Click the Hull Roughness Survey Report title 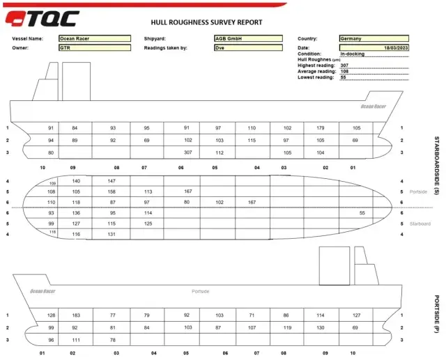pos(206,22)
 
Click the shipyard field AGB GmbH pos(248,39)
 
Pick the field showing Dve pos(248,48)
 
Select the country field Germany pos(373,39)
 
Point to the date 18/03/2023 pos(373,47)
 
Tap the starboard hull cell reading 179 pos(321,128)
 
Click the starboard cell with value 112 pos(218,152)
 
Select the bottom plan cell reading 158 pos(111,191)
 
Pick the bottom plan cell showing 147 pos(111,180)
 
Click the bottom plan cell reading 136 pos(76,212)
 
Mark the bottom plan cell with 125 pos(148,224)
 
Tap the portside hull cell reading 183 pos(76,315)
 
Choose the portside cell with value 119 pos(287,327)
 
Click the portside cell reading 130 pos(321,327)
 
